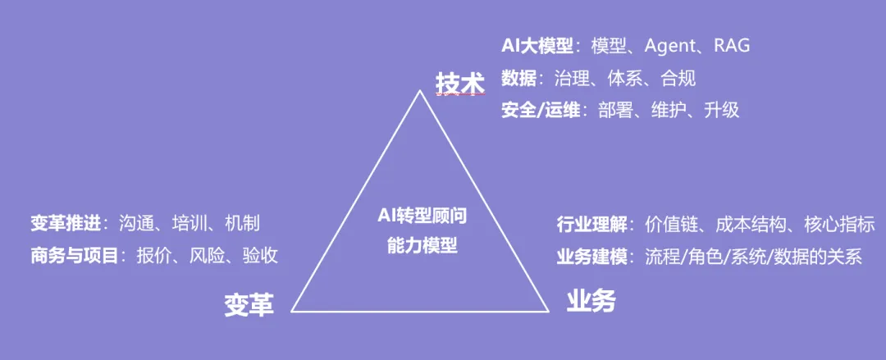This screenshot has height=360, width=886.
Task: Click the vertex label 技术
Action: pyautogui.click(x=459, y=83)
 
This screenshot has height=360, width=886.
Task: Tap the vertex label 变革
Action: pyautogui.click(x=249, y=304)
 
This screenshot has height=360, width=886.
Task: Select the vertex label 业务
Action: pyautogui.click(x=591, y=302)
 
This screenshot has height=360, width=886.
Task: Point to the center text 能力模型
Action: pyautogui.click(x=421, y=244)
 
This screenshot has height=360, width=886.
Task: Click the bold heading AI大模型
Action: pyautogui.click(x=537, y=46)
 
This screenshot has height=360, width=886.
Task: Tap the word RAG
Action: pyautogui.click(x=732, y=46)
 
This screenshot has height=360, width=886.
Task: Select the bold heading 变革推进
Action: pyautogui.click(x=65, y=223)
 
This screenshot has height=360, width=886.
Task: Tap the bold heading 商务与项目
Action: pyautogui.click(x=74, y=255)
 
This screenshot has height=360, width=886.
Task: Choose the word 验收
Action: pyautogui.click(x=260, y=255)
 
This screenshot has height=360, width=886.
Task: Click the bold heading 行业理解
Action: pyautogui.click(x=591, y=225)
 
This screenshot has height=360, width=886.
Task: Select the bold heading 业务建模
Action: pyautogui.click(x=591, y=257)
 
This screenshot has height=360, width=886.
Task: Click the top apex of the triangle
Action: pyautogui.click(x=421, y=90)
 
